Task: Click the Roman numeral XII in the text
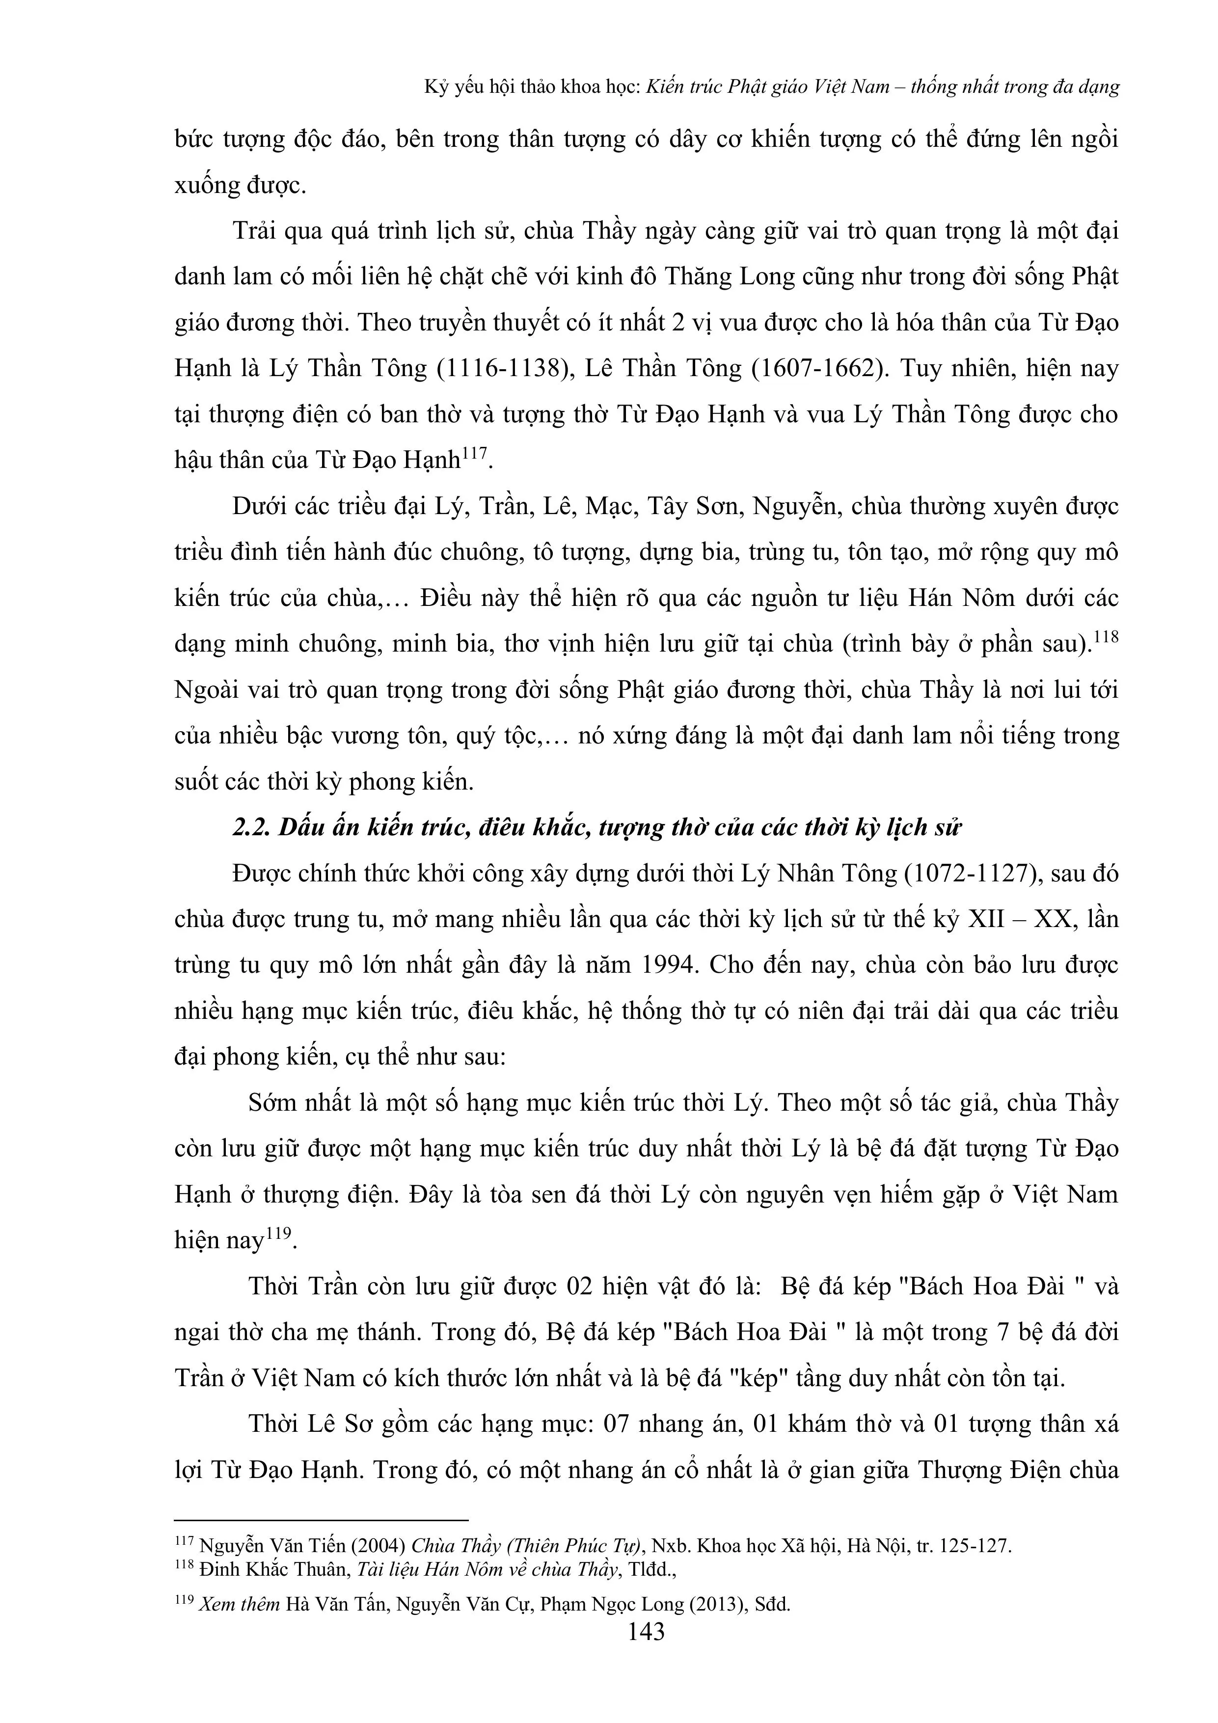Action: click(x=990, y=919)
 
